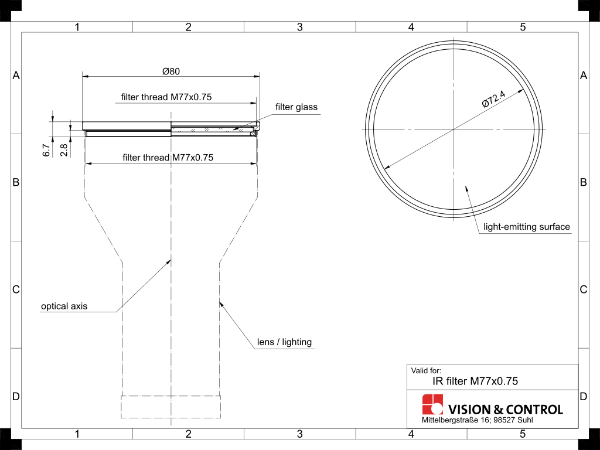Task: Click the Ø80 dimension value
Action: tap(171, 71)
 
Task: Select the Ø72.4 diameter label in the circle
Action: tap(494, 97)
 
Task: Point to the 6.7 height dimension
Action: tap(46, 150)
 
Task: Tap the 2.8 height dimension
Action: tap(64, 150)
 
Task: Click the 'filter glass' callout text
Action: tap(296, 107)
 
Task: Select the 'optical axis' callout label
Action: tap(64, 306)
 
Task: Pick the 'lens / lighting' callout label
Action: tap(285, 342)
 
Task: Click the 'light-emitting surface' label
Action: tap(527, 227)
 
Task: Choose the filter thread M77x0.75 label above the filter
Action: tap(166, 97)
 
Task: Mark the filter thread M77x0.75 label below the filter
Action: tap(168, 157)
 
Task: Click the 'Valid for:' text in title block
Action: tap(426, 370)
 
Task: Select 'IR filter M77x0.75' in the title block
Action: tap(475, 381)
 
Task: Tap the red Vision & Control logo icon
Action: tap(433, 404)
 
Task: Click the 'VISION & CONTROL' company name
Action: tap(505, 410)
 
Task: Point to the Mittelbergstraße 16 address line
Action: tap(478, 420)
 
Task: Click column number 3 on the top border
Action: tap(299, 27)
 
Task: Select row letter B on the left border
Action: tap(16, 182)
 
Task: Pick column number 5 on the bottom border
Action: tap(523, 434)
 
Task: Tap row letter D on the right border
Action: tap(583, 397)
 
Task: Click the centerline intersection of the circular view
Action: tap(454, 128)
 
